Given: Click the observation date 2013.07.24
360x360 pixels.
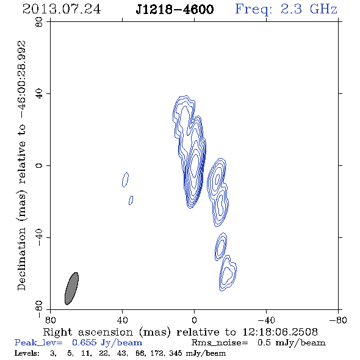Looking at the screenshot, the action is [62, 9].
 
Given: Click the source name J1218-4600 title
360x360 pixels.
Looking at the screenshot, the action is [175, 9].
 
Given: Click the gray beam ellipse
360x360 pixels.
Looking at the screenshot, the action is [71, 289].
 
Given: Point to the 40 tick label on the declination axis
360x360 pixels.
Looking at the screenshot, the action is [39, 94].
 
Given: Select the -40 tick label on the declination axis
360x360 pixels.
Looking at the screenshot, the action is [39, 238].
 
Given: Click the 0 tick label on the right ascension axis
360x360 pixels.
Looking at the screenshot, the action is [194, 320].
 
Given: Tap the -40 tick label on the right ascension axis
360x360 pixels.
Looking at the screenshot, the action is [266, 320].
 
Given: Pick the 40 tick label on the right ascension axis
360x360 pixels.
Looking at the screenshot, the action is [122, 320].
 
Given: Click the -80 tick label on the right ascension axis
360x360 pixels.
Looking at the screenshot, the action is [338, 320].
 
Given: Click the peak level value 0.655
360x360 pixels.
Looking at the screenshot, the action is [84, 343].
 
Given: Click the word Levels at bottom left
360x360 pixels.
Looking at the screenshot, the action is [27, 353].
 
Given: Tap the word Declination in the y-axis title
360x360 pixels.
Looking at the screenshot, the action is [21, 259].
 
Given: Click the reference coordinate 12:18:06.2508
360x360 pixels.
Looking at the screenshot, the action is [280, 332].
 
